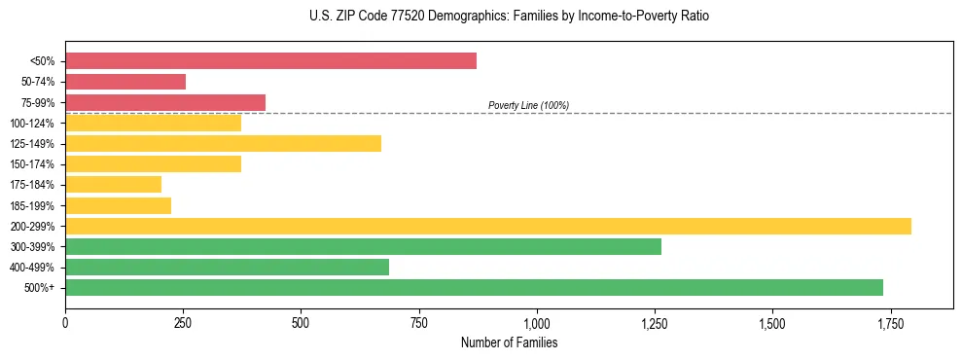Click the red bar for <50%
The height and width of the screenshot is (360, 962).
270,61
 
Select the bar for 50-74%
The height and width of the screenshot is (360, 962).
125,82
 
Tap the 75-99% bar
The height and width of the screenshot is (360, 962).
165,102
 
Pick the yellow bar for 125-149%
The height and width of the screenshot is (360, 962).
223,144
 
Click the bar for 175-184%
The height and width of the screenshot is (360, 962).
113,185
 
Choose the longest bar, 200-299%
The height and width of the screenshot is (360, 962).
488,227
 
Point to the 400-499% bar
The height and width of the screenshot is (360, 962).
227,268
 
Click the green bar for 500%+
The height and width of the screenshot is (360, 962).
474,288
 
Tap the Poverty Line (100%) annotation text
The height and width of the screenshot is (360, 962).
528,105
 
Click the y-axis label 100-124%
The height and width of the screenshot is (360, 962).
32,124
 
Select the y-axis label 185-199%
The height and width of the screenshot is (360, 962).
32,206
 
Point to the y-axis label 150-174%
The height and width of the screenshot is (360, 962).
32,164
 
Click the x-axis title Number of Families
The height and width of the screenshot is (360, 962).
509,342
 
